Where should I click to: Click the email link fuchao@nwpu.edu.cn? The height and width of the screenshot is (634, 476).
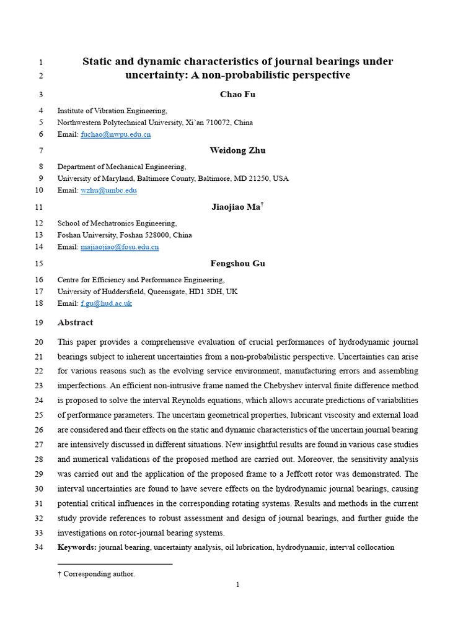[115, 134]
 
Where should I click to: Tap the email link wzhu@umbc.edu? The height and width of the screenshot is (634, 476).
[108, 191]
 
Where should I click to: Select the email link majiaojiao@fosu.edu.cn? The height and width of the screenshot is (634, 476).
[120, 247]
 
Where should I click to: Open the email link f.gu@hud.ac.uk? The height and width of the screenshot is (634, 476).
[106, 303]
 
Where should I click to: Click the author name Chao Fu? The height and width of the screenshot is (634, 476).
[237, 94]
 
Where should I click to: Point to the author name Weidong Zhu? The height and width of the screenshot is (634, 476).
[237, 150]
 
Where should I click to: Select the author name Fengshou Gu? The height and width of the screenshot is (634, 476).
[237, 263]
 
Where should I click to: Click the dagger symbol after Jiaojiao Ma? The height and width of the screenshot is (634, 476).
[262, 204]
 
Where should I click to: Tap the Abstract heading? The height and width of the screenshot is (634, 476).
[75, 323]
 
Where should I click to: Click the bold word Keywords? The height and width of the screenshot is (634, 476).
[77, 547]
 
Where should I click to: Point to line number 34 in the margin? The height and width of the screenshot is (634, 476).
[38, 547]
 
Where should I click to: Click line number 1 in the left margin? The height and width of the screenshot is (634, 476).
[40, 62]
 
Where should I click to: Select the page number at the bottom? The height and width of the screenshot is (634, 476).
[237, 584]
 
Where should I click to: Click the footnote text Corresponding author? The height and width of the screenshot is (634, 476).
[99, 574]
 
